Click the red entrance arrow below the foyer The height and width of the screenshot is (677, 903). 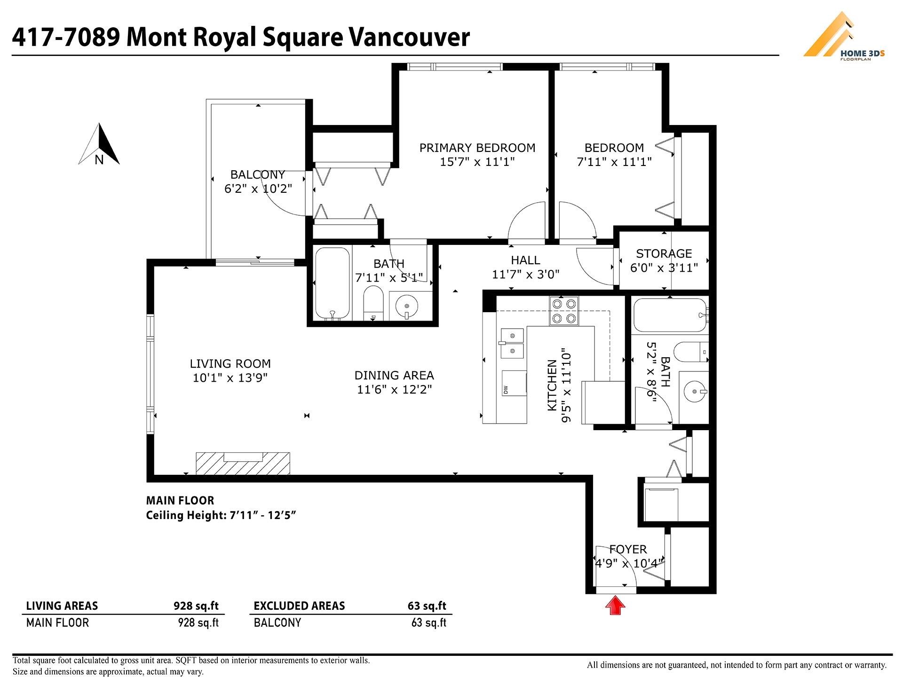click(x=615, y=606)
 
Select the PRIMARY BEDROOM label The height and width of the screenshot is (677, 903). click(x=477, y=148)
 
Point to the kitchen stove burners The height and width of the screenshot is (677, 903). click(x=564, y=311)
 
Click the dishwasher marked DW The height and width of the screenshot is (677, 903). click(x=514, y=383)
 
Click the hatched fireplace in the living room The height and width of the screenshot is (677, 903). click(x=243, y=464)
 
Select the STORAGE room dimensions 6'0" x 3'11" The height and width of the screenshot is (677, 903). click(x=664, y=268)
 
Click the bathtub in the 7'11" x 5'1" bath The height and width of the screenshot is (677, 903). click(x=332, y=283)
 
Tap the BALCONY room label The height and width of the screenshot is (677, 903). click(x=258, y=174)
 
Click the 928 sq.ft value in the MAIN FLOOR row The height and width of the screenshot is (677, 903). click(x=198, y=623)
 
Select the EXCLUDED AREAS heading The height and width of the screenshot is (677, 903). click(x=299, y=606)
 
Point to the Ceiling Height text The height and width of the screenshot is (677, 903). click(x=221, y=515)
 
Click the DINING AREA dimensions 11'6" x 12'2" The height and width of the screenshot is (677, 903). click(x=394, y=390)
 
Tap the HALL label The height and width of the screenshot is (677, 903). click(x=525, y=260)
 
